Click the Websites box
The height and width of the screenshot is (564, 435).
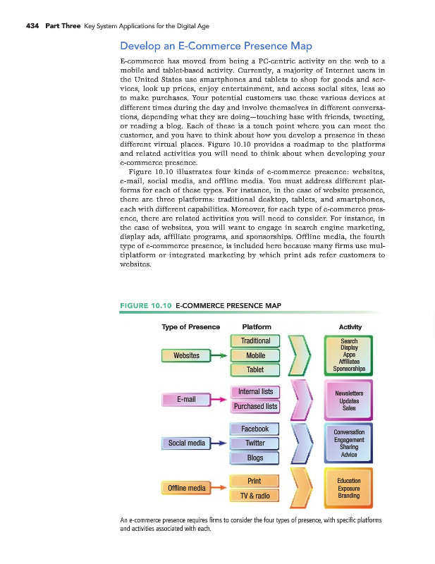tap(186, 355)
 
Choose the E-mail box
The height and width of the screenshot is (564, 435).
tap(186, 399)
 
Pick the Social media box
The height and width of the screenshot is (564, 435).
tap(186, 443)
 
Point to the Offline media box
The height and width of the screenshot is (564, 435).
tap(186, 487)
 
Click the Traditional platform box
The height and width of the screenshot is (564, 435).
tap(255, 341)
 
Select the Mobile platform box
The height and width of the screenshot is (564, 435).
tap(255, 355)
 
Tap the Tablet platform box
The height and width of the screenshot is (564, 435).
tap(255, 369)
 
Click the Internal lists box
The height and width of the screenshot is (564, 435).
tap(255, 392)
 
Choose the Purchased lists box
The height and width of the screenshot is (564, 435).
tap(255, 406)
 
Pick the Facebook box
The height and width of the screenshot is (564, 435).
tap(255, 429)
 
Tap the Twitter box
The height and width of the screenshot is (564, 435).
tap(255, 443)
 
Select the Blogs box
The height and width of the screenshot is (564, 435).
tap(255, 458)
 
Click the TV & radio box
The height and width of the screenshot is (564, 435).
tap(255, 496)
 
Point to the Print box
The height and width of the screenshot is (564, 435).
tap(255, 481)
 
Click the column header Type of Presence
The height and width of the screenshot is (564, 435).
tap(190, 326)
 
